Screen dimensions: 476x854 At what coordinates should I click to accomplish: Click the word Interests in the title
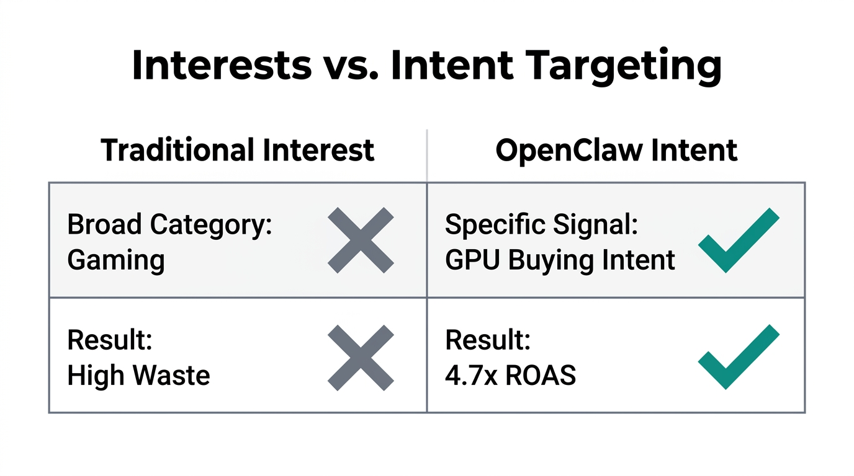point(222,64)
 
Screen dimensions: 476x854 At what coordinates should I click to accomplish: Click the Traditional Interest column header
point(238,151)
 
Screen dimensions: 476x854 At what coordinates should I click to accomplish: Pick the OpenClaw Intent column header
point(616,151)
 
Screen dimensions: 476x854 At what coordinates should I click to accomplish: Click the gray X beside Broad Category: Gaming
point(361,240)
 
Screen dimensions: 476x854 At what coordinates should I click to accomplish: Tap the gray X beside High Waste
point(361,358)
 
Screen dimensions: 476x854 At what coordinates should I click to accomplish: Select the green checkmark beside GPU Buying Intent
point(739,240)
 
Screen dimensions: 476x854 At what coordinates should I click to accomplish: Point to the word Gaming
point(115,260)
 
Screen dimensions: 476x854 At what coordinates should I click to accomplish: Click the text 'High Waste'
point(138,375)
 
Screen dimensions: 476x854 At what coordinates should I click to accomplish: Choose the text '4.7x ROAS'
point(510,375)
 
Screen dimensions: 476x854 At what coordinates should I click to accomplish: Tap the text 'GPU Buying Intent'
point(560,260)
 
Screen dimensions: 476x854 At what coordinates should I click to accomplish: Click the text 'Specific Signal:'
point(541,225)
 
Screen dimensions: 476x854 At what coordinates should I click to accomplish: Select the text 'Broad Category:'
point(169,225)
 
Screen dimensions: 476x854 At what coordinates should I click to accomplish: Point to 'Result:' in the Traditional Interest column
point(109,340)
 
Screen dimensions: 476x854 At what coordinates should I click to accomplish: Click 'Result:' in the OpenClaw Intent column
point(487,340)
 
